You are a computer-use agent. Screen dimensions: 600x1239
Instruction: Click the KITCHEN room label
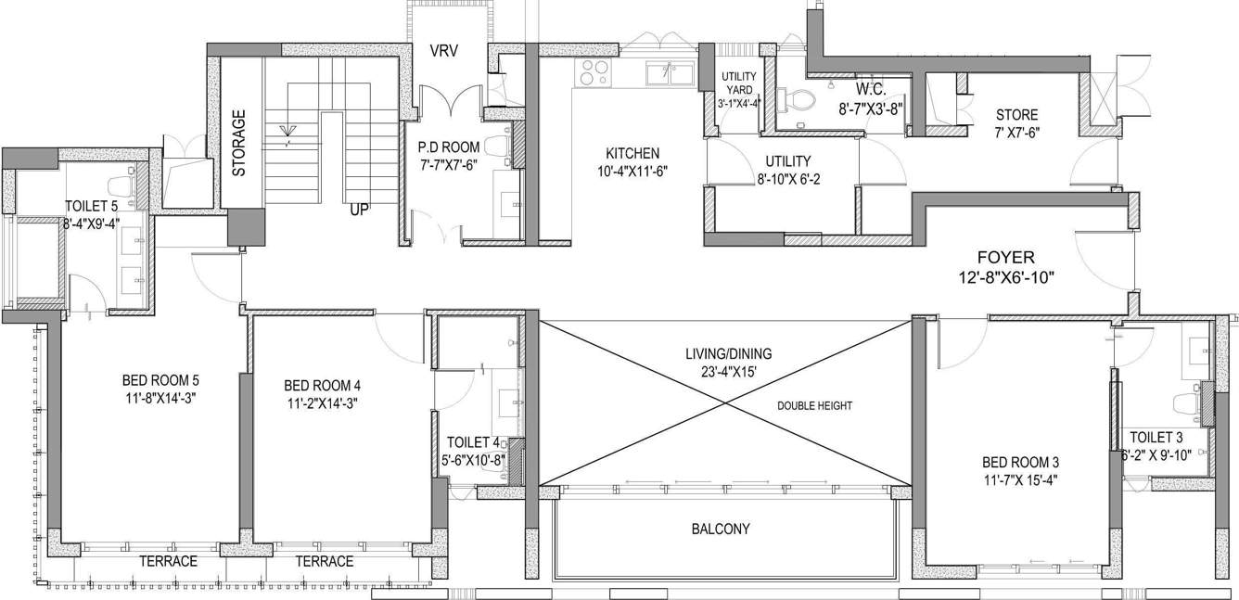[632, 153]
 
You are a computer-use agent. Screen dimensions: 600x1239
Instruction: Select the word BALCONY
[721, 530]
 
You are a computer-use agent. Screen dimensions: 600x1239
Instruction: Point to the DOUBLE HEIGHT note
[814, 405]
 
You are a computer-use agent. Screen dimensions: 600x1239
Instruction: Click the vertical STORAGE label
[239, 143]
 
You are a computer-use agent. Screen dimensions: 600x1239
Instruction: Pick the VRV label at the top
[443, 51]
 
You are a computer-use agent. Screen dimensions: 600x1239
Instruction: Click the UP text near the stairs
[360, 210]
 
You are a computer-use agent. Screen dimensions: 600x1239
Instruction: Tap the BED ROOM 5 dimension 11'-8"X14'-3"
[160, 398]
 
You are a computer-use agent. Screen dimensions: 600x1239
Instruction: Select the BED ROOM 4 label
[322, 385]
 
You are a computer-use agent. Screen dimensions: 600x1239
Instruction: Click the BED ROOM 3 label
[1020, 462]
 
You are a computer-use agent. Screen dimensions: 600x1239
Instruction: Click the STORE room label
[1016, 116]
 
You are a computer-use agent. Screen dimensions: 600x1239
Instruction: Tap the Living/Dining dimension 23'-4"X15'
[728, 371]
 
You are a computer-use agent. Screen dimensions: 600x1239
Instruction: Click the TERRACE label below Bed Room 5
[168, 561]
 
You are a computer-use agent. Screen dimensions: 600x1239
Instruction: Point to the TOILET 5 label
[91, 205]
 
